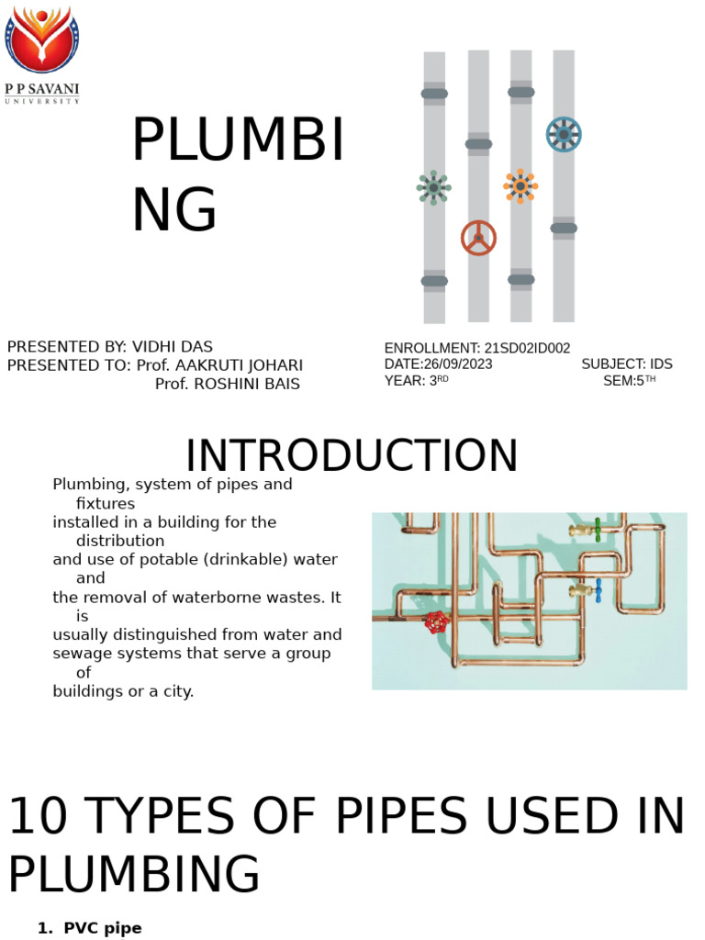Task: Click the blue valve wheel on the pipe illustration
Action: (x=563, y=135)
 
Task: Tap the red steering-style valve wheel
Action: (x=478, y=238)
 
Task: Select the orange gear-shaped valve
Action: (x=520, y=186)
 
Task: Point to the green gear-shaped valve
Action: (x=433, y=187)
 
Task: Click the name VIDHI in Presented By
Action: (x=157, y=347)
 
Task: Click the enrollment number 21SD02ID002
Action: (x=527, y=349)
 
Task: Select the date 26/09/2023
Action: (x=458, y=364)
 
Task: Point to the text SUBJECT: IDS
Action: (x=627, y=364)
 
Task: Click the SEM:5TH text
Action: (x=629, y=381)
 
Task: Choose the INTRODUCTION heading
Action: (x=352, y=456)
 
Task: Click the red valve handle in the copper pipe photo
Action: (x=437, y=622)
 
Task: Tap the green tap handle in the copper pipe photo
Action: (x=597, y=530)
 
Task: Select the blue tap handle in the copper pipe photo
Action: (x=598, y=590)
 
